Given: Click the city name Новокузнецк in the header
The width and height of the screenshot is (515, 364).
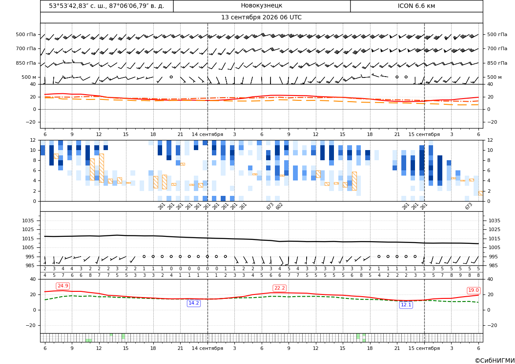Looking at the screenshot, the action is click(261, 6).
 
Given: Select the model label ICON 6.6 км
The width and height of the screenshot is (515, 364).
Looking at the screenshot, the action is click(416, 6).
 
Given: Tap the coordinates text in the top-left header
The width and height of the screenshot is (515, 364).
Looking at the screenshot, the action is click(107, 6).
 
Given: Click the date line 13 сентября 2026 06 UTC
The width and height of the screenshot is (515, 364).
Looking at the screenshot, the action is click(261, 18).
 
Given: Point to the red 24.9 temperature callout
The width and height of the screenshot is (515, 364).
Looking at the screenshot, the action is click(63, 286).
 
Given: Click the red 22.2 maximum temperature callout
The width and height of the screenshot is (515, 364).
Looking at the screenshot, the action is click(279, 288).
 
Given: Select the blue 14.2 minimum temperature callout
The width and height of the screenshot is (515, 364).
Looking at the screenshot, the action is click(193, 303).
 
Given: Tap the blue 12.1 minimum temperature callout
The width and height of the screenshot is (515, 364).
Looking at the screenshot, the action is click(406, 305).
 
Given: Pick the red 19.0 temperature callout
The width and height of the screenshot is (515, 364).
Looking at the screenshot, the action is click(473, 290).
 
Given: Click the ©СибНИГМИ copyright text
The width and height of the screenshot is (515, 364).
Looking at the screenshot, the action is click(495, 360).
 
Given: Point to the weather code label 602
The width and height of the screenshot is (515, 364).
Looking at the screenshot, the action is click(279, 206).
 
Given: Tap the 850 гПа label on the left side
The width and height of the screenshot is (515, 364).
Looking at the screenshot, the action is click(26, 63).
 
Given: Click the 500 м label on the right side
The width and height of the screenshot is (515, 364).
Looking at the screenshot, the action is click(494, 77).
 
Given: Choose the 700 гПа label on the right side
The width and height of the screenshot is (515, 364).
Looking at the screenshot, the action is click(497, 48).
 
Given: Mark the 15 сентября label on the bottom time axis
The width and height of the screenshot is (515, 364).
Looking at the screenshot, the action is click(424, 348).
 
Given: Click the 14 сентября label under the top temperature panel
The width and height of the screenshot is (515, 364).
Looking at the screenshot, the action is click(207, 134).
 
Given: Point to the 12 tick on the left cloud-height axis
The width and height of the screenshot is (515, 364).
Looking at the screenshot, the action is click(33, 140).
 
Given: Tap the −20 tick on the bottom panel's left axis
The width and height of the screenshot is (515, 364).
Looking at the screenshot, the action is click(30, 325).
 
